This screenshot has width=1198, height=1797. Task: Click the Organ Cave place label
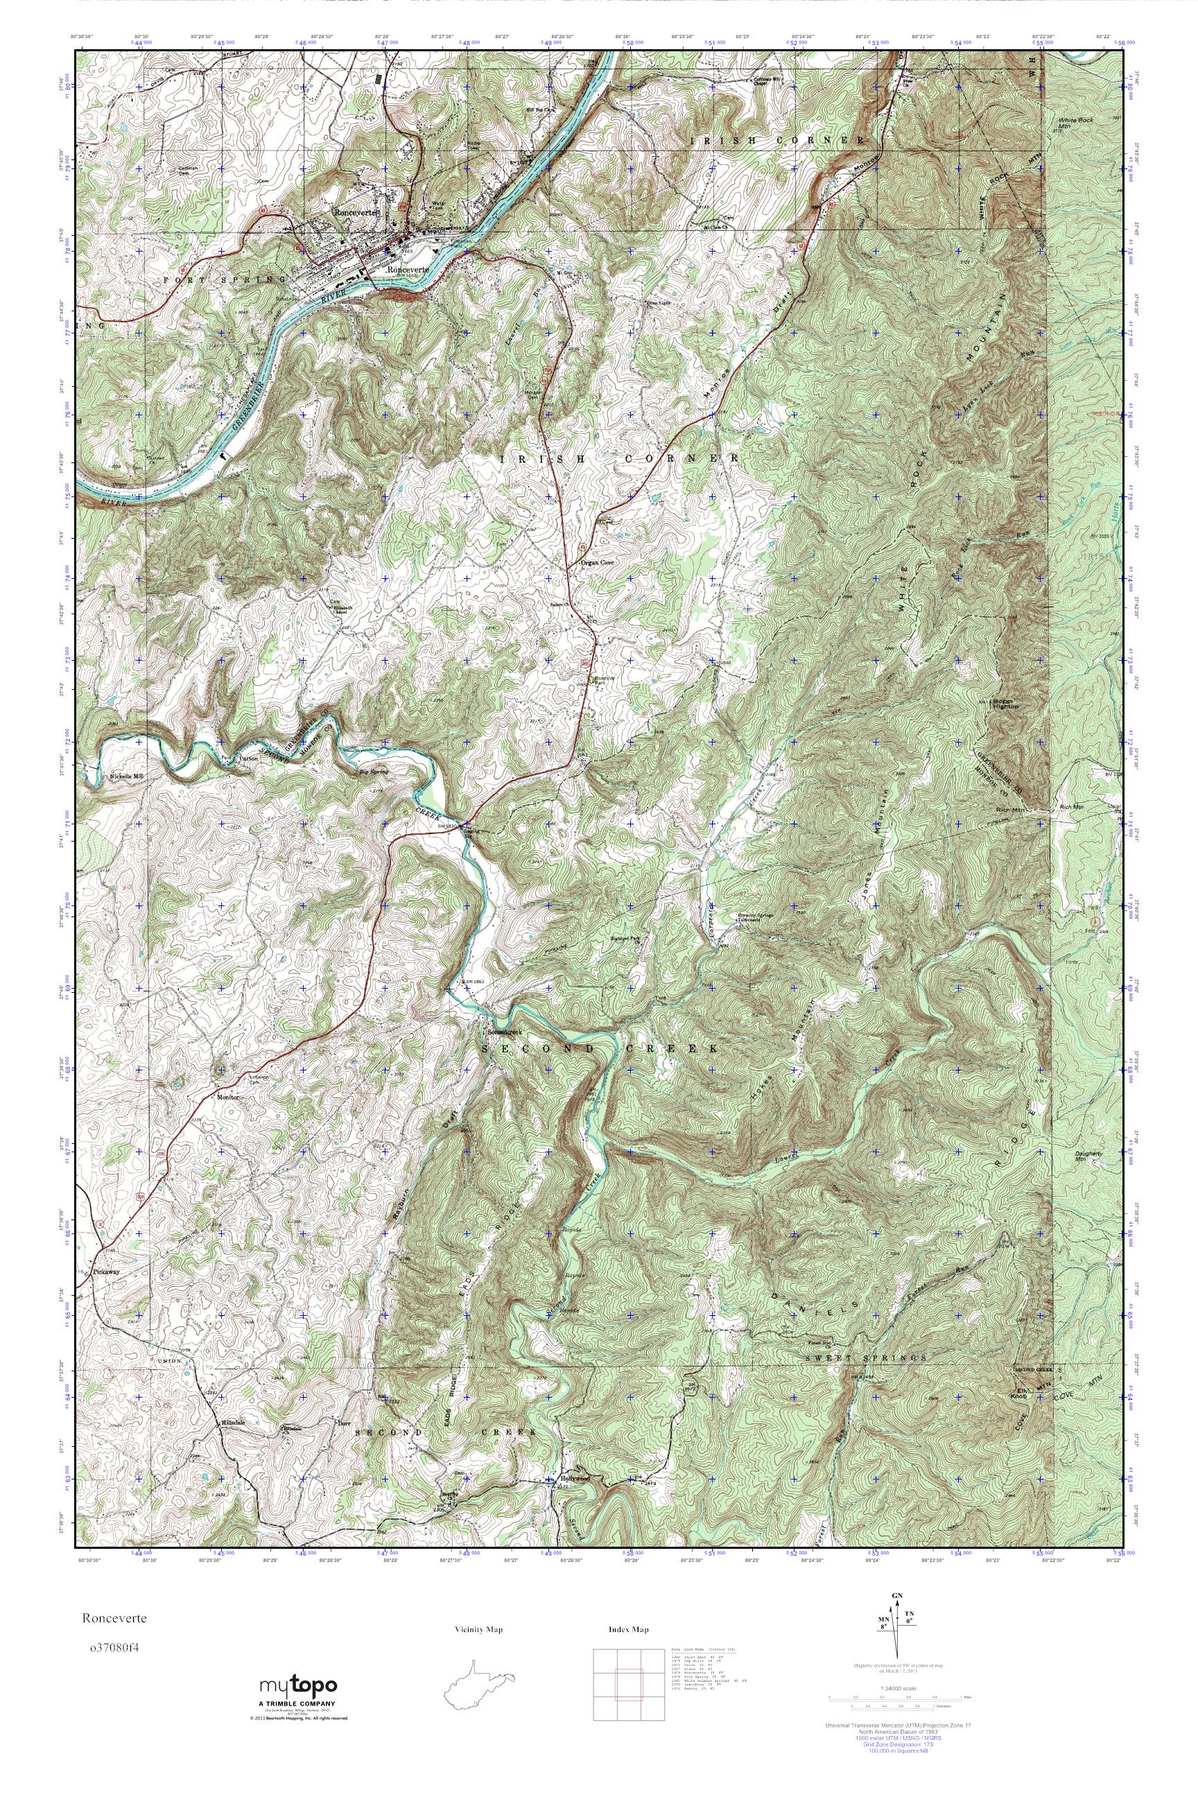597,563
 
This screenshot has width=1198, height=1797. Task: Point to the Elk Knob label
1018,1393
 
